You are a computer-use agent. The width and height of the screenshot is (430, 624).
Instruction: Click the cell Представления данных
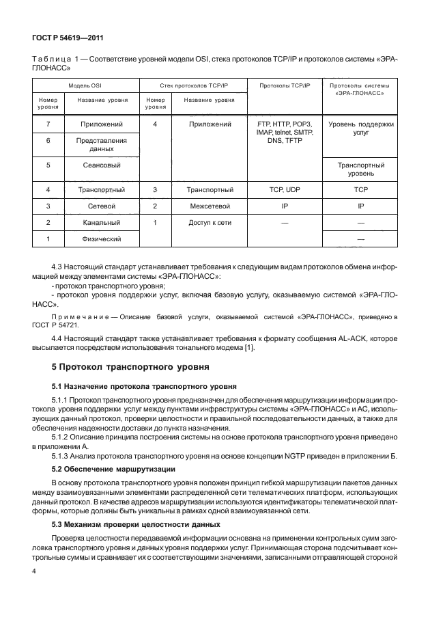pyautogui.click(x=101, y=144)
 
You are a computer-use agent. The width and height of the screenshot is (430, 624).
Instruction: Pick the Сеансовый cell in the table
pyautogui.click(x=101, y=165)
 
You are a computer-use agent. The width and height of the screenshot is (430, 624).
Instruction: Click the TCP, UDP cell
pyautogui.click(x=283, y=189)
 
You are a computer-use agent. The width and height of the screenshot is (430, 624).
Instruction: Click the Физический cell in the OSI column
pyautogui.click(x=101, y=239)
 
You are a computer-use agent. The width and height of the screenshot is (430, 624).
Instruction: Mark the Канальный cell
pyautogui.click(x=101, y=222)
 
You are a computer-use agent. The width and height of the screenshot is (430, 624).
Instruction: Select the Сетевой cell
pyautogui.click(x=101, y=206)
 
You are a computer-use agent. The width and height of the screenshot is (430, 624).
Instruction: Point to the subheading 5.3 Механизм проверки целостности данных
pyautogui.click(x=136, y=524)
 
